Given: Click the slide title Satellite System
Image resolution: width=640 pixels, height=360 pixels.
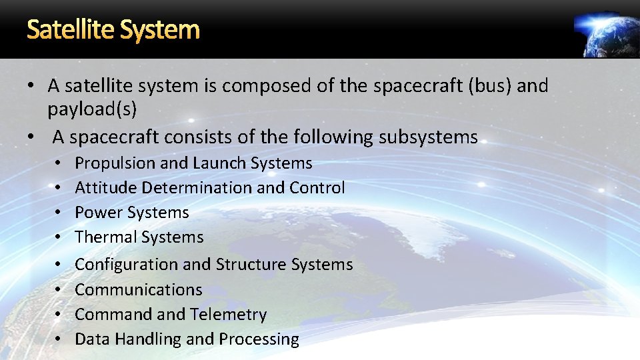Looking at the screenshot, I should coord(113,29).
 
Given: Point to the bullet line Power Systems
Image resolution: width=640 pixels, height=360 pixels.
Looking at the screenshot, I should coord(132,213).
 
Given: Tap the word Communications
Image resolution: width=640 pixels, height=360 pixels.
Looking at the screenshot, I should coord(139,290).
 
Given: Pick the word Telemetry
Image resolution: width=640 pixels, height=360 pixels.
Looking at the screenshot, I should coord(228,315).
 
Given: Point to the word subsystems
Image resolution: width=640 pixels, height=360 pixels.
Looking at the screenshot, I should coord(428,137).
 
